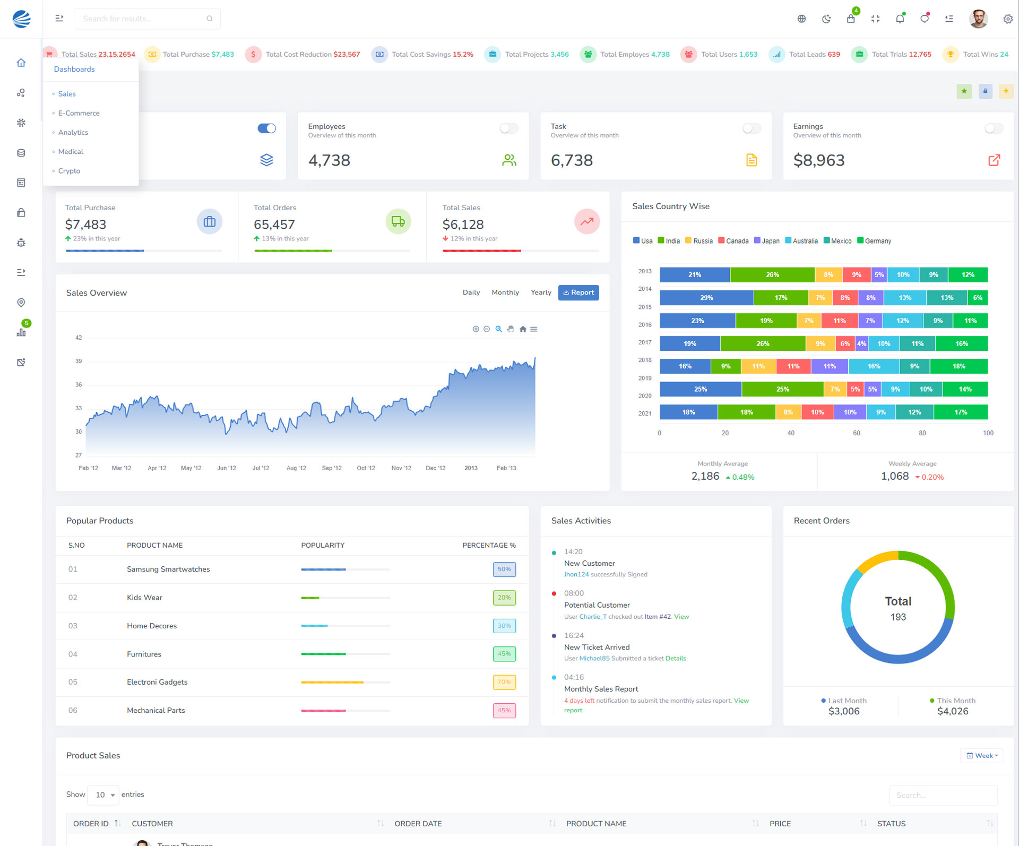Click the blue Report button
(578, 292)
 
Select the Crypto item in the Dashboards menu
(69, 171)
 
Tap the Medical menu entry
(71, 152)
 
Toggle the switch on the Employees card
(508, 128)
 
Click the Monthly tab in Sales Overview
(505, 292)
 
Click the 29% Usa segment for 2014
(706, 298)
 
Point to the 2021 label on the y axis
(645, 413)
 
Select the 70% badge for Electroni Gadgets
(504, 682)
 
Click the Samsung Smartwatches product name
(168, 569)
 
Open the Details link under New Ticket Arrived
(676, 659)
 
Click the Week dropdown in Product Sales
(981, 756)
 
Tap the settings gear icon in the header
(1007, 19)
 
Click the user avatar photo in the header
(978, 19)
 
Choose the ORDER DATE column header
(418, 824)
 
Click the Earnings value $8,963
(818, 160)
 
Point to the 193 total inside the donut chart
(898, 617)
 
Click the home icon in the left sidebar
(21, 63)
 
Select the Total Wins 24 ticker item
(985, 55)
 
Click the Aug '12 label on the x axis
(296, 468)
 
